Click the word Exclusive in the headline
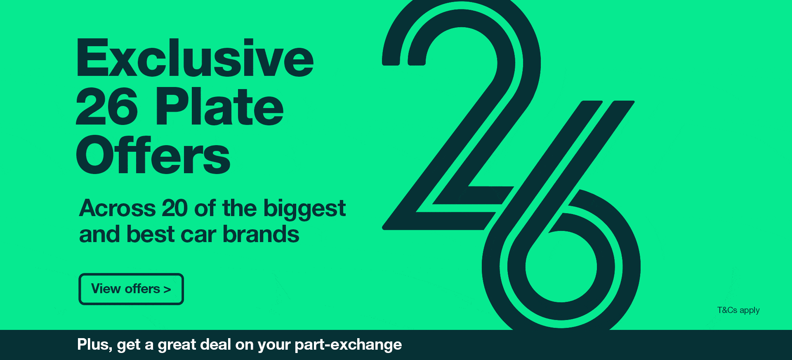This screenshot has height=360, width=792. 195,58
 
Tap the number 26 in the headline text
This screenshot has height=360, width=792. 107,106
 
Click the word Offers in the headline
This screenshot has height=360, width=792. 153,155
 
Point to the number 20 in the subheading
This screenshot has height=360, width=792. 175,208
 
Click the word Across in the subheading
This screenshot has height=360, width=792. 117,208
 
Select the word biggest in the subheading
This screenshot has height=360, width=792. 304,209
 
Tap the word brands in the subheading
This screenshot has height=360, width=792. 261,234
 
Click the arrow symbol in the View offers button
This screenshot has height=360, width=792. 167,289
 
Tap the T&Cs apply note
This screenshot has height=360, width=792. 738,311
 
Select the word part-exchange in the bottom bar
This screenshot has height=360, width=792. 348,345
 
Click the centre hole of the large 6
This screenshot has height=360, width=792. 561,266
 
